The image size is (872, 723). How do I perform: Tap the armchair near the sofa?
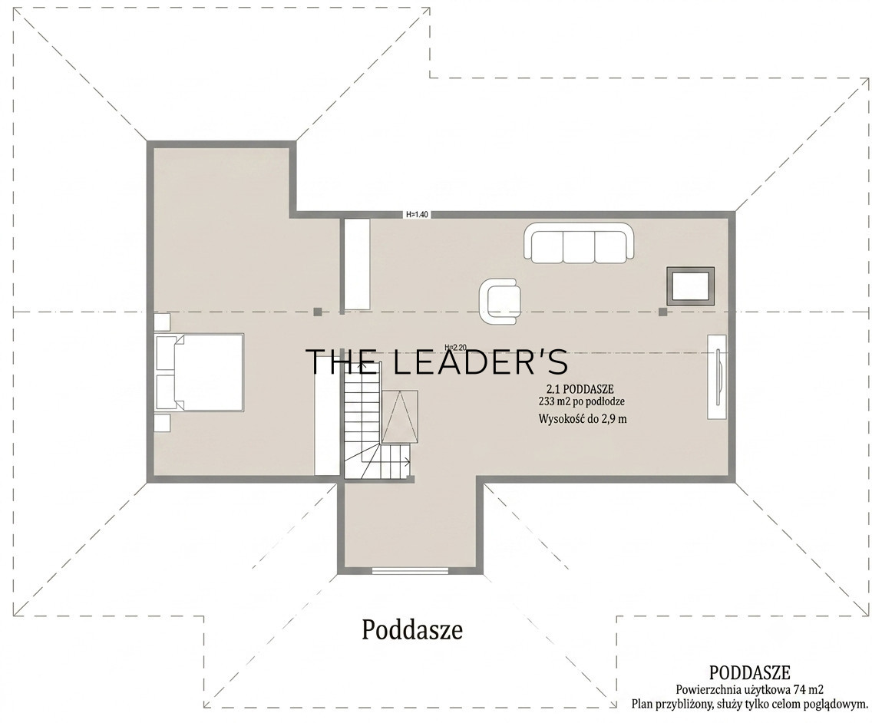pyautogui.click(x=500, y=302)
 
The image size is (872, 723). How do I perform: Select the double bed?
pyautogui.click(x=200, y=372)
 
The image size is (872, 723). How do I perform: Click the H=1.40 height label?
pyautogui.click(x=417, y=214)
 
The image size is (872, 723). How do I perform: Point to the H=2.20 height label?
pyautogui.click(x=455, y=348)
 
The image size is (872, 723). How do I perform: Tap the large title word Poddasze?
pyautogui.click(x=412, y=631)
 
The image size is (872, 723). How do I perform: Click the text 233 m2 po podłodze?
pyautogui.click(x=582, y=401)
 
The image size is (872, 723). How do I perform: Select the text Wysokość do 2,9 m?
pyautogui.click(x=583, y=419)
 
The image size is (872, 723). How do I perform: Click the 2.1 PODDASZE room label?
pyautogui.click(x=580, y=389)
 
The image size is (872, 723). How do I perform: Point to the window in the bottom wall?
pyautogui.click(x=411, y=569)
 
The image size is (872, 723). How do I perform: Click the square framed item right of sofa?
pyautogui.click(x=692, y=286)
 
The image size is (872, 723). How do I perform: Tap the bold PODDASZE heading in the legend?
pyautogui.click(x=750, y=673)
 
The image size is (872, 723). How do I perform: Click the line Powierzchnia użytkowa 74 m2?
pyautogui.click(x=750, y=690)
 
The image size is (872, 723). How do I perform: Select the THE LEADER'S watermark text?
pyautogui.click(x=437, y=361)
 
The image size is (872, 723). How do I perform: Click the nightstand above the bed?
pyautogui.click(x=162, y=322)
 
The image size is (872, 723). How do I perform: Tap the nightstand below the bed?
pyautogui.click(x=162, y=423)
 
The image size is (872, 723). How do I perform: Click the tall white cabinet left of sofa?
pyautogui.click(x=356, y=265)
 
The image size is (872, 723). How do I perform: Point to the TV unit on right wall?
pyautogui.click(x=717, y=377)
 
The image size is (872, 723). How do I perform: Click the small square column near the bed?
pyautogui.click(x=317, y=312)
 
